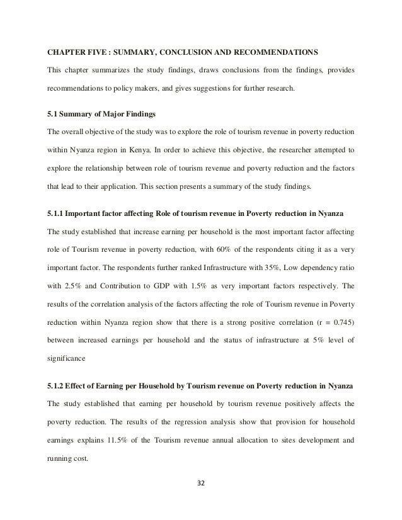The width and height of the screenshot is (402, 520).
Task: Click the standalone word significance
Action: tap(67, 358)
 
